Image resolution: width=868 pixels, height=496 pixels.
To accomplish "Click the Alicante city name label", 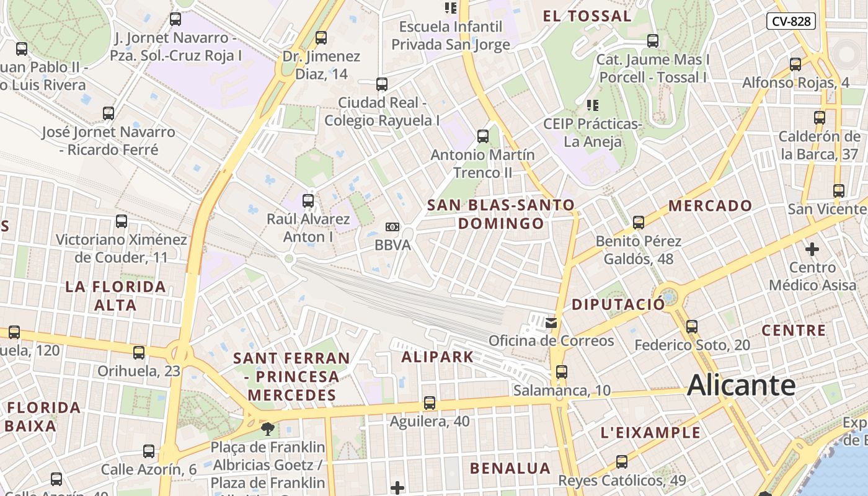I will (741, 386).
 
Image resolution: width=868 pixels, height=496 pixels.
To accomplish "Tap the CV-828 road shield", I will (790, 21).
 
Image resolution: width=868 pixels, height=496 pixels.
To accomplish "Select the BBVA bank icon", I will (392, 227).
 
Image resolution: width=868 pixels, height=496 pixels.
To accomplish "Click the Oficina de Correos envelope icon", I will (551, 322).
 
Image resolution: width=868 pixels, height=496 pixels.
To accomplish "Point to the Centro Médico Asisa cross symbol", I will (812, 249).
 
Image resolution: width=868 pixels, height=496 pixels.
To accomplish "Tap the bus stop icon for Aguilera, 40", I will (430, 403).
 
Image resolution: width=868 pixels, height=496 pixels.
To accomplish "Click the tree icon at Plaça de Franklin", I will (268, 428).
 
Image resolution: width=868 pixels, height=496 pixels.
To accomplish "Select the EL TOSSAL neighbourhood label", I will (587, 16).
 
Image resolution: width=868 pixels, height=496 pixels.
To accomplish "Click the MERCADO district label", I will (710, 205).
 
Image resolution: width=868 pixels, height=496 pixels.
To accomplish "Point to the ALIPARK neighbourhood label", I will (437, 356).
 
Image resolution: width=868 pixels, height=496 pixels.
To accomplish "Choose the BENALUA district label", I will (510, 468).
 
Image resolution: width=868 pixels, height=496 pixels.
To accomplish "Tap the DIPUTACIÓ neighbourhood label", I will (618, 304).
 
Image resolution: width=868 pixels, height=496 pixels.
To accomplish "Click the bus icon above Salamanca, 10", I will (561, 372).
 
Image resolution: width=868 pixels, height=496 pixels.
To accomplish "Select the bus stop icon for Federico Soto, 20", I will (692, 326).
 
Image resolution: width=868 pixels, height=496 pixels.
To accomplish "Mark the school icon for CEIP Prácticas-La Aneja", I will (593, 105).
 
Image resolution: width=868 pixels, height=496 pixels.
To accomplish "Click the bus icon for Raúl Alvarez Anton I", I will (308, 200).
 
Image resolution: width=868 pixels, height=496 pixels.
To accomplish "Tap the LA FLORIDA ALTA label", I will (115, 296).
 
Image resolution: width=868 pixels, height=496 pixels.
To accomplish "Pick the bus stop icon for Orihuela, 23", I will (139, 352).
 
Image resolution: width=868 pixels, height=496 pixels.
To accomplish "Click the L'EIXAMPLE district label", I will (650, 432).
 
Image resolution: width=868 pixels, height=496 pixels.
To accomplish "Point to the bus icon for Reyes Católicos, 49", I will (622, 461).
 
